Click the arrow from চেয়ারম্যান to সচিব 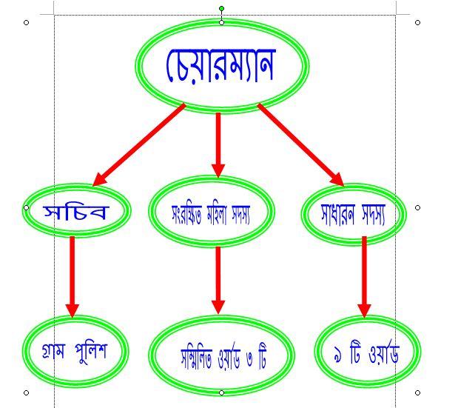(x=139, y=145)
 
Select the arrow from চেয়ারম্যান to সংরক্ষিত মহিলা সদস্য (x=218, y=145)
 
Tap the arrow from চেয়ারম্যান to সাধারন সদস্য (x=301, y=145)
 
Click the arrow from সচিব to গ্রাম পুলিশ (x=73, y=277)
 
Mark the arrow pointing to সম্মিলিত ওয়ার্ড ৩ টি (x=218, y=281)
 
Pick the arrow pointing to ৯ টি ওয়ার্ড (x=364, y=277)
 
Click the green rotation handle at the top (x=222, y=8)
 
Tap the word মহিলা (x=217, y=214)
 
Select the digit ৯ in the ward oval (x=337, y=355)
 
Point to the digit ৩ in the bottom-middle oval (x=250, y=358)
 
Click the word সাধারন (x=337, y=215)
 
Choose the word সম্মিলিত (x=196, y=358)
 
